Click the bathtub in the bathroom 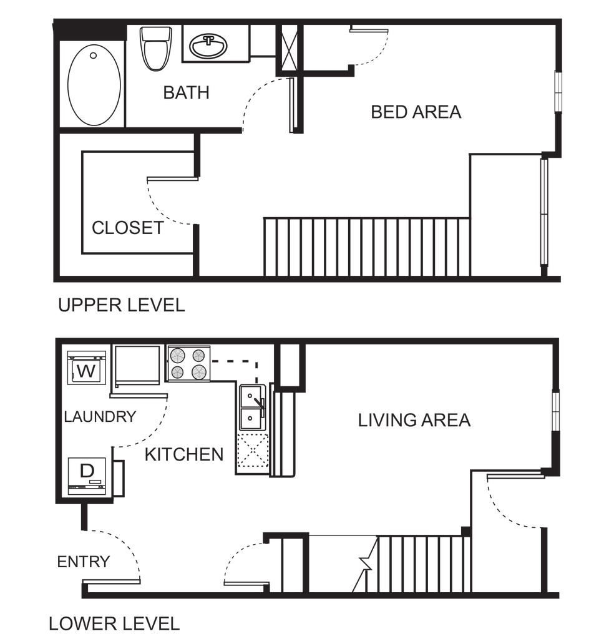point(94,85)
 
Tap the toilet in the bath point(155,48)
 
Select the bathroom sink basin point(208,46)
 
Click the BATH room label point(186,93)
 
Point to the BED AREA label point(416,112)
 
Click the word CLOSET point(128,228)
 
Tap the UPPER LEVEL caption point(122,305)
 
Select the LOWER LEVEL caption point(114,623)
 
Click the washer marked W point(86,368)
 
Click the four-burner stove point(188,364)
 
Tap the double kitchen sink point(252,407)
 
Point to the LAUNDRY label point(100,416)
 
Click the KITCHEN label point(184,454)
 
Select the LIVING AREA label point(414,420)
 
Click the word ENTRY point(84,562)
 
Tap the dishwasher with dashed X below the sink point(253,451)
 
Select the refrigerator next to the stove point(137,365)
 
